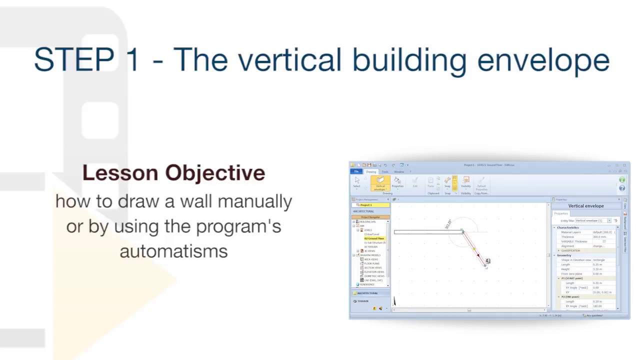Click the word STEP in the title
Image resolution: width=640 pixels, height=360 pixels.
[74, 60]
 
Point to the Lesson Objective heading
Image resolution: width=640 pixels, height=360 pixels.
[173, 173]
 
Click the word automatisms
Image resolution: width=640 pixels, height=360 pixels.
[173, 251]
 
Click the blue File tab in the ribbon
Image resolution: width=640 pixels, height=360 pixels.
[356, 171]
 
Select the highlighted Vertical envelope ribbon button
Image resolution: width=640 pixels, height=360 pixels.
[380, 183]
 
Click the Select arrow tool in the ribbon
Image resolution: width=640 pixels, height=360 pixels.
[356, 182]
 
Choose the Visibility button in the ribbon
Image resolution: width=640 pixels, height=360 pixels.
[465, 182]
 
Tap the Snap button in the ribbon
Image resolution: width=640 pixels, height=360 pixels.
[447, 182]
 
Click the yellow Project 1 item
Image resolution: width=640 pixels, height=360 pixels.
[370, 205]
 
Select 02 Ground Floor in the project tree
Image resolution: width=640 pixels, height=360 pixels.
[374, 238]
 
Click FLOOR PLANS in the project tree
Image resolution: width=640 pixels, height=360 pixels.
[371, 263]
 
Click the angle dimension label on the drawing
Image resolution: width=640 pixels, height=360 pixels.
[448, 224]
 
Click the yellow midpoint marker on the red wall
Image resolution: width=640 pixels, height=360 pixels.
[474, 248]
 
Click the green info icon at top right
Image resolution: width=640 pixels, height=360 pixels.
[622, 180]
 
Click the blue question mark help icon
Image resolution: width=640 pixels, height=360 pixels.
[622, 188]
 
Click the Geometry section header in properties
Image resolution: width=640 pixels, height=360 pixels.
[564, 255]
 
